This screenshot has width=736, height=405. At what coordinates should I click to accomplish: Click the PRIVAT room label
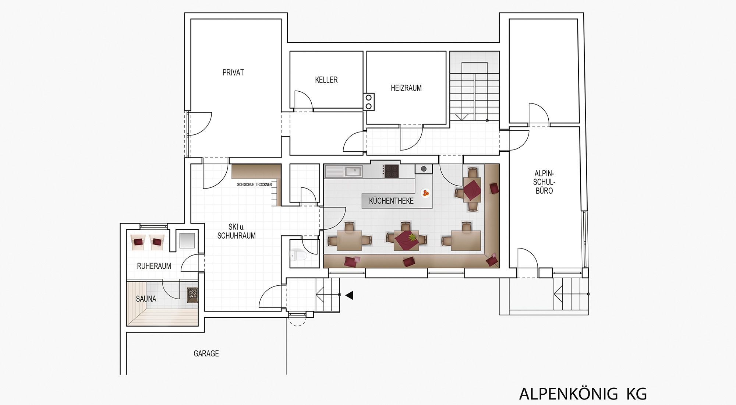click(x=233, y=73)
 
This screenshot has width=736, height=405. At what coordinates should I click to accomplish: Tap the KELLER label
click(x=326, y=80)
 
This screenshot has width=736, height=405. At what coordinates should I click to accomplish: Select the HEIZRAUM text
click(x=406, y=88)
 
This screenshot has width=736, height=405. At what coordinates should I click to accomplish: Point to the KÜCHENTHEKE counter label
click(x=391, y=201)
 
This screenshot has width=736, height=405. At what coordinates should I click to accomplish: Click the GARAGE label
click(x=206, y=353)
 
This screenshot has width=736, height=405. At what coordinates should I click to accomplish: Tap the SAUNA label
click(x=146, y=299)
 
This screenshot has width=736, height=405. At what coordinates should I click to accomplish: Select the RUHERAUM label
click(x=154, y=266)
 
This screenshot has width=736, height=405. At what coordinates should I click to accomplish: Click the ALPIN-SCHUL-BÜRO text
click(x=544, y=182)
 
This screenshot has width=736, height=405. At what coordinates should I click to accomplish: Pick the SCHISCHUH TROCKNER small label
click(x=255, y=184)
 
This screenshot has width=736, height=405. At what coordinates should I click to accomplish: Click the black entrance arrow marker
click(x=349, y=295)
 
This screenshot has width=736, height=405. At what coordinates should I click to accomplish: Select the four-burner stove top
click(x=391, y=171)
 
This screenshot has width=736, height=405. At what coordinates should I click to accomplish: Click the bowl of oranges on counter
click(x=426, y=193)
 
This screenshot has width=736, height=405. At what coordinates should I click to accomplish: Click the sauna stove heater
click(x=192, y=295)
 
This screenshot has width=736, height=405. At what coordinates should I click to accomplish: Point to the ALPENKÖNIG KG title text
click(x=583, y=394)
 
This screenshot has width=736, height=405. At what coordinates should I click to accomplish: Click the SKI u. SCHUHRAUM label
click(x=236, y=232)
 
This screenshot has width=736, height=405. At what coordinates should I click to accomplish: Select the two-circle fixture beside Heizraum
click(x=369, y=102)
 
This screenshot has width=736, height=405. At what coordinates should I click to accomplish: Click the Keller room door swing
click(x=303, y=99)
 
